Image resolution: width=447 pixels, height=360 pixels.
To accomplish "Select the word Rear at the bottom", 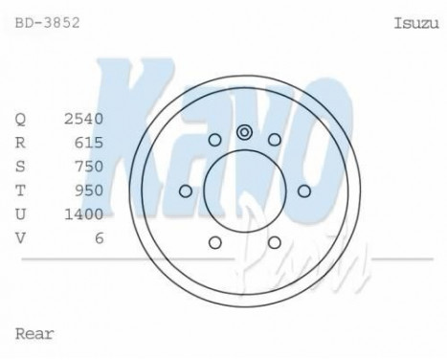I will [x=34, y=334].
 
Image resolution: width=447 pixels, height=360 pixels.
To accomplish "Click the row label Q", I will [x=21, y=120].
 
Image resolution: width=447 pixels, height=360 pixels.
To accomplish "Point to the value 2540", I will [x=83, y=120].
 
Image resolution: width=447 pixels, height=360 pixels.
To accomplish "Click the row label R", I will [x=21, y=143].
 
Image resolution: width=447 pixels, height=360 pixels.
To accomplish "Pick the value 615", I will [x=88, y=143].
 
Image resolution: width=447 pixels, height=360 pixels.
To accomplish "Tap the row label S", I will [x=21, y=167].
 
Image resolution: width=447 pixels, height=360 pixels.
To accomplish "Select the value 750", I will [x=88, y=167].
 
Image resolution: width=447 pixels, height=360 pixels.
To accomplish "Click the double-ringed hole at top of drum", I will [x=244, y=132].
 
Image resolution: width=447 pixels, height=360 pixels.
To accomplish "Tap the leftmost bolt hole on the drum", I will [x=185, y=191].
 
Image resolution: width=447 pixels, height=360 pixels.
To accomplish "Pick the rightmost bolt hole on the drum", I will [x=303, y=191].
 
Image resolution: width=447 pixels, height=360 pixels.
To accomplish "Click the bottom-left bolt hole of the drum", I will [x=214, y=242].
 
